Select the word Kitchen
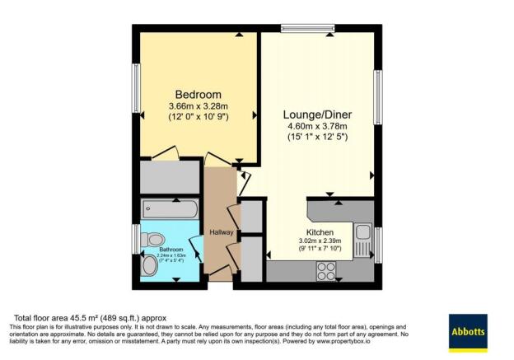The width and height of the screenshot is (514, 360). point(320,232)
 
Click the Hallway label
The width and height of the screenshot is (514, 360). point(221,233)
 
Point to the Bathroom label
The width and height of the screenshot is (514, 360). point(171,249)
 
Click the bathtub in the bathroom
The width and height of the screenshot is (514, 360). point(169,208)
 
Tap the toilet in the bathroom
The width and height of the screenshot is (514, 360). point(152,239)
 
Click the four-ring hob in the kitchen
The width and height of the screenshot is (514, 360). point(326,269)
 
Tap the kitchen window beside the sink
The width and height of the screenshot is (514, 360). point(378,244)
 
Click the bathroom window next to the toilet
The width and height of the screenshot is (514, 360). point(137,239)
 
